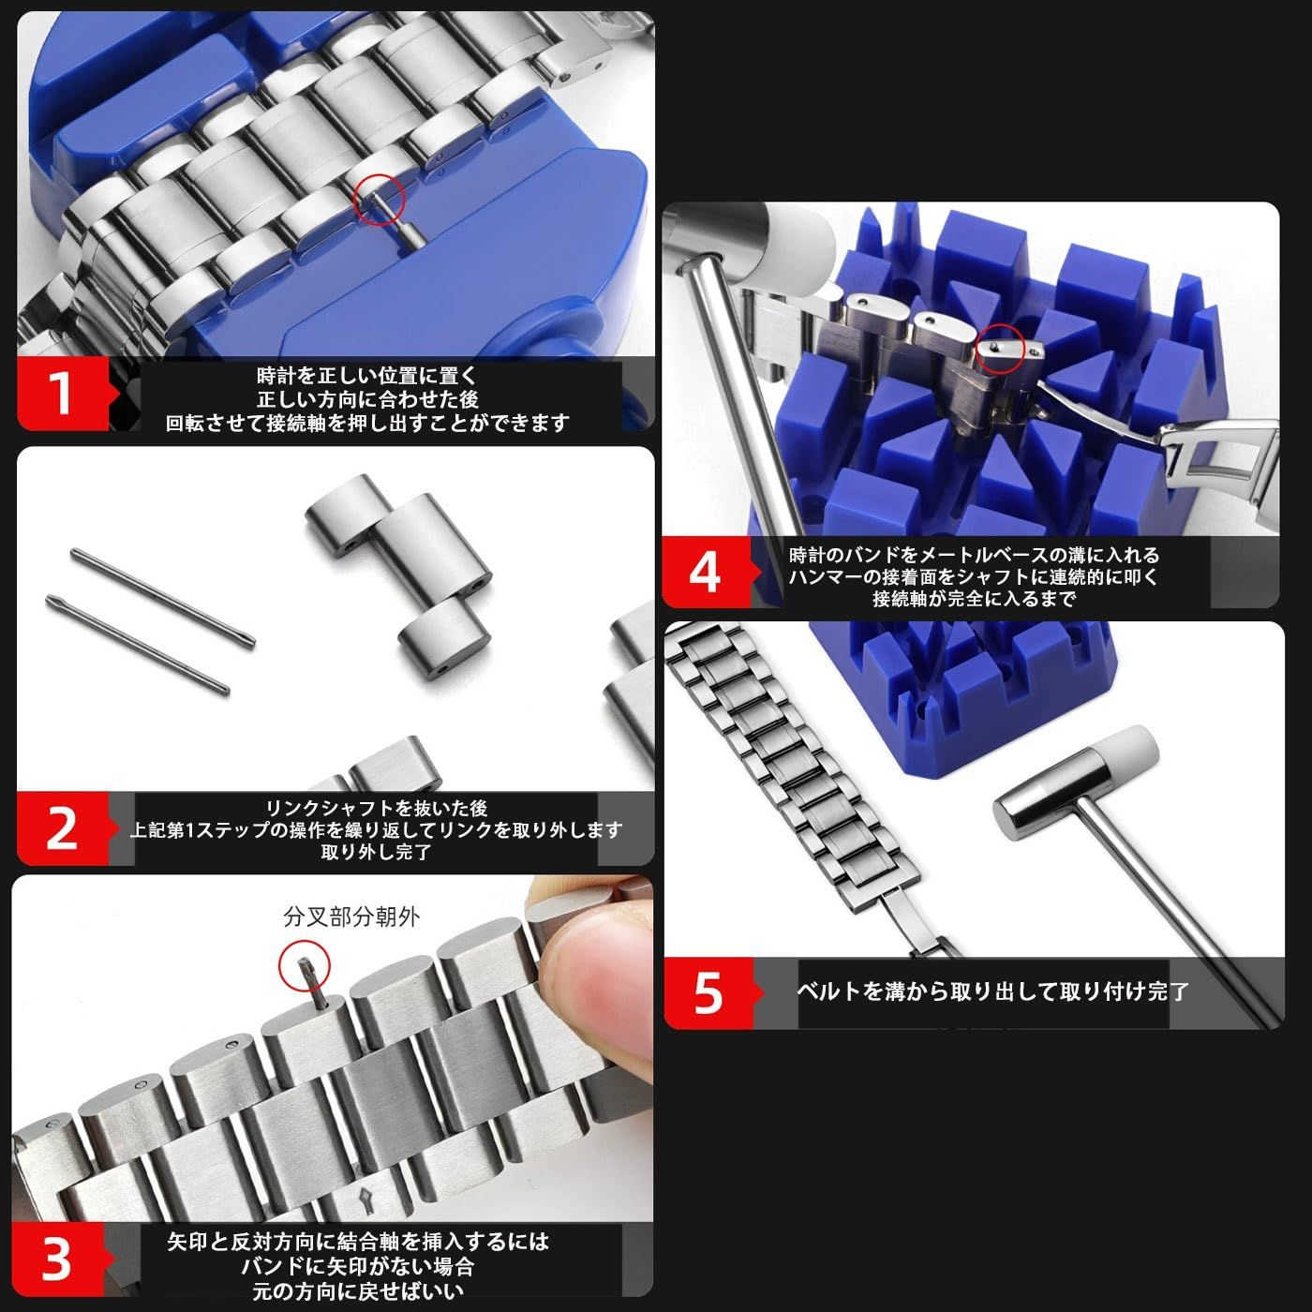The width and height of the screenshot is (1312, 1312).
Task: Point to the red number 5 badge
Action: (x=709, y=992)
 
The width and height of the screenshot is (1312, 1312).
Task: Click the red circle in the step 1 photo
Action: (x=380, y=199)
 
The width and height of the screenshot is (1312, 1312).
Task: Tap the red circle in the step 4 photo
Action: (x=1001, y=349)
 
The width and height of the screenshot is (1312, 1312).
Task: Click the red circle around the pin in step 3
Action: (x=305, y=966)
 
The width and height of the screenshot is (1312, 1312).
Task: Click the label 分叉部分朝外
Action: (x=351, y=917)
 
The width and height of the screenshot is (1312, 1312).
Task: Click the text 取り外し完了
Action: (x=377, y=852)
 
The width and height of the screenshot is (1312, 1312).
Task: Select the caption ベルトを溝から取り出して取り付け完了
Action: (x=992, y=991)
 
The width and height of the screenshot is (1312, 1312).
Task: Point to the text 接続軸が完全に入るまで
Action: (x=975, y=599)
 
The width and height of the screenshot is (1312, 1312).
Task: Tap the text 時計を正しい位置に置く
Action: (x=367, y=376)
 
